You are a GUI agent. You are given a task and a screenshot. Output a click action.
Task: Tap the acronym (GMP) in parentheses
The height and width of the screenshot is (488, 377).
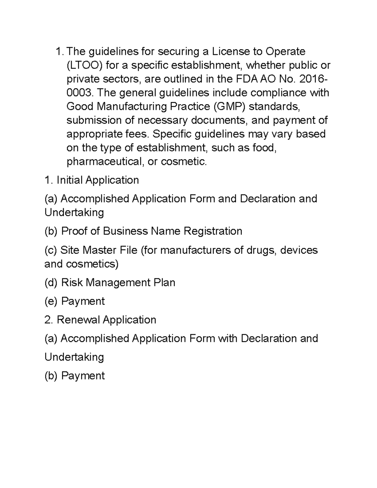click(228, 107)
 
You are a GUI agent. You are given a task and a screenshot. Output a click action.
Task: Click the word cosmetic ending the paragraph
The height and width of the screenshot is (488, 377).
click(183, 162)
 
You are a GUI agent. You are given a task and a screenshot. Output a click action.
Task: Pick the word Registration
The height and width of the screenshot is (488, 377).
click(213, 231)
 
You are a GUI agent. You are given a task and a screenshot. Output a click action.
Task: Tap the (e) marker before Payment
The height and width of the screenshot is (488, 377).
click(51, 301)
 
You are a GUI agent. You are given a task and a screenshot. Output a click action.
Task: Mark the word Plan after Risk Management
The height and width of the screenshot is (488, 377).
click(164, 282)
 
